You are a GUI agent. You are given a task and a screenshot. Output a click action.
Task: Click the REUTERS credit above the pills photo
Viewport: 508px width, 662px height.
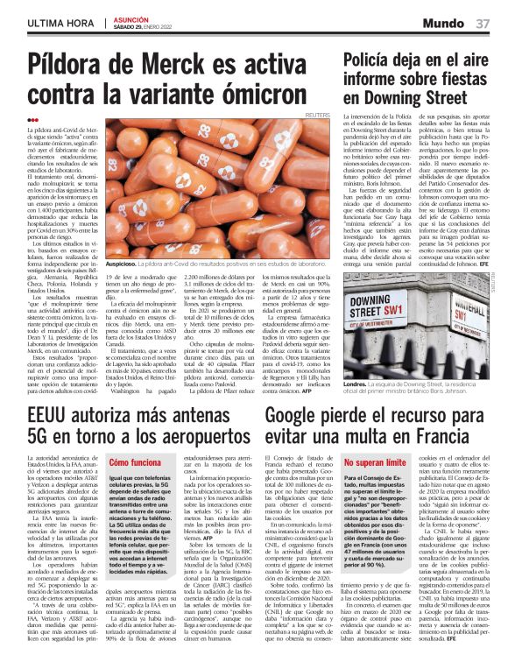coord(316,115)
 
